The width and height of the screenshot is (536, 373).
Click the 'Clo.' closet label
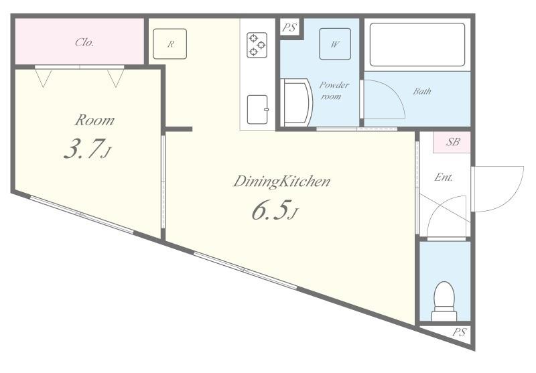coord(84,42)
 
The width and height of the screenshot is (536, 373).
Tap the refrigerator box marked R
coord(171,44)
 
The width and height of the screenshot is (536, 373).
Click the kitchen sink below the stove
coord(257,110)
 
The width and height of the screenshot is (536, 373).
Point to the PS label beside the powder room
coord(289,28)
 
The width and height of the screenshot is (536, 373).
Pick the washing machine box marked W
coord(333,44)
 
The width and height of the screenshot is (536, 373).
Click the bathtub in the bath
coord(417,44)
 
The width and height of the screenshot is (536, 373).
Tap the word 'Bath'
coord(421,91)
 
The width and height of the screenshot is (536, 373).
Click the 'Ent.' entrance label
coord(444,177)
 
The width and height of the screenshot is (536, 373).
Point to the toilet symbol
coord(444,301)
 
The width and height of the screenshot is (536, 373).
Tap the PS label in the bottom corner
coord(458,332)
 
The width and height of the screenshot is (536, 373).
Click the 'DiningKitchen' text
coord(281,181)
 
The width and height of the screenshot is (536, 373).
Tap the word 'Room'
coord(94,121)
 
